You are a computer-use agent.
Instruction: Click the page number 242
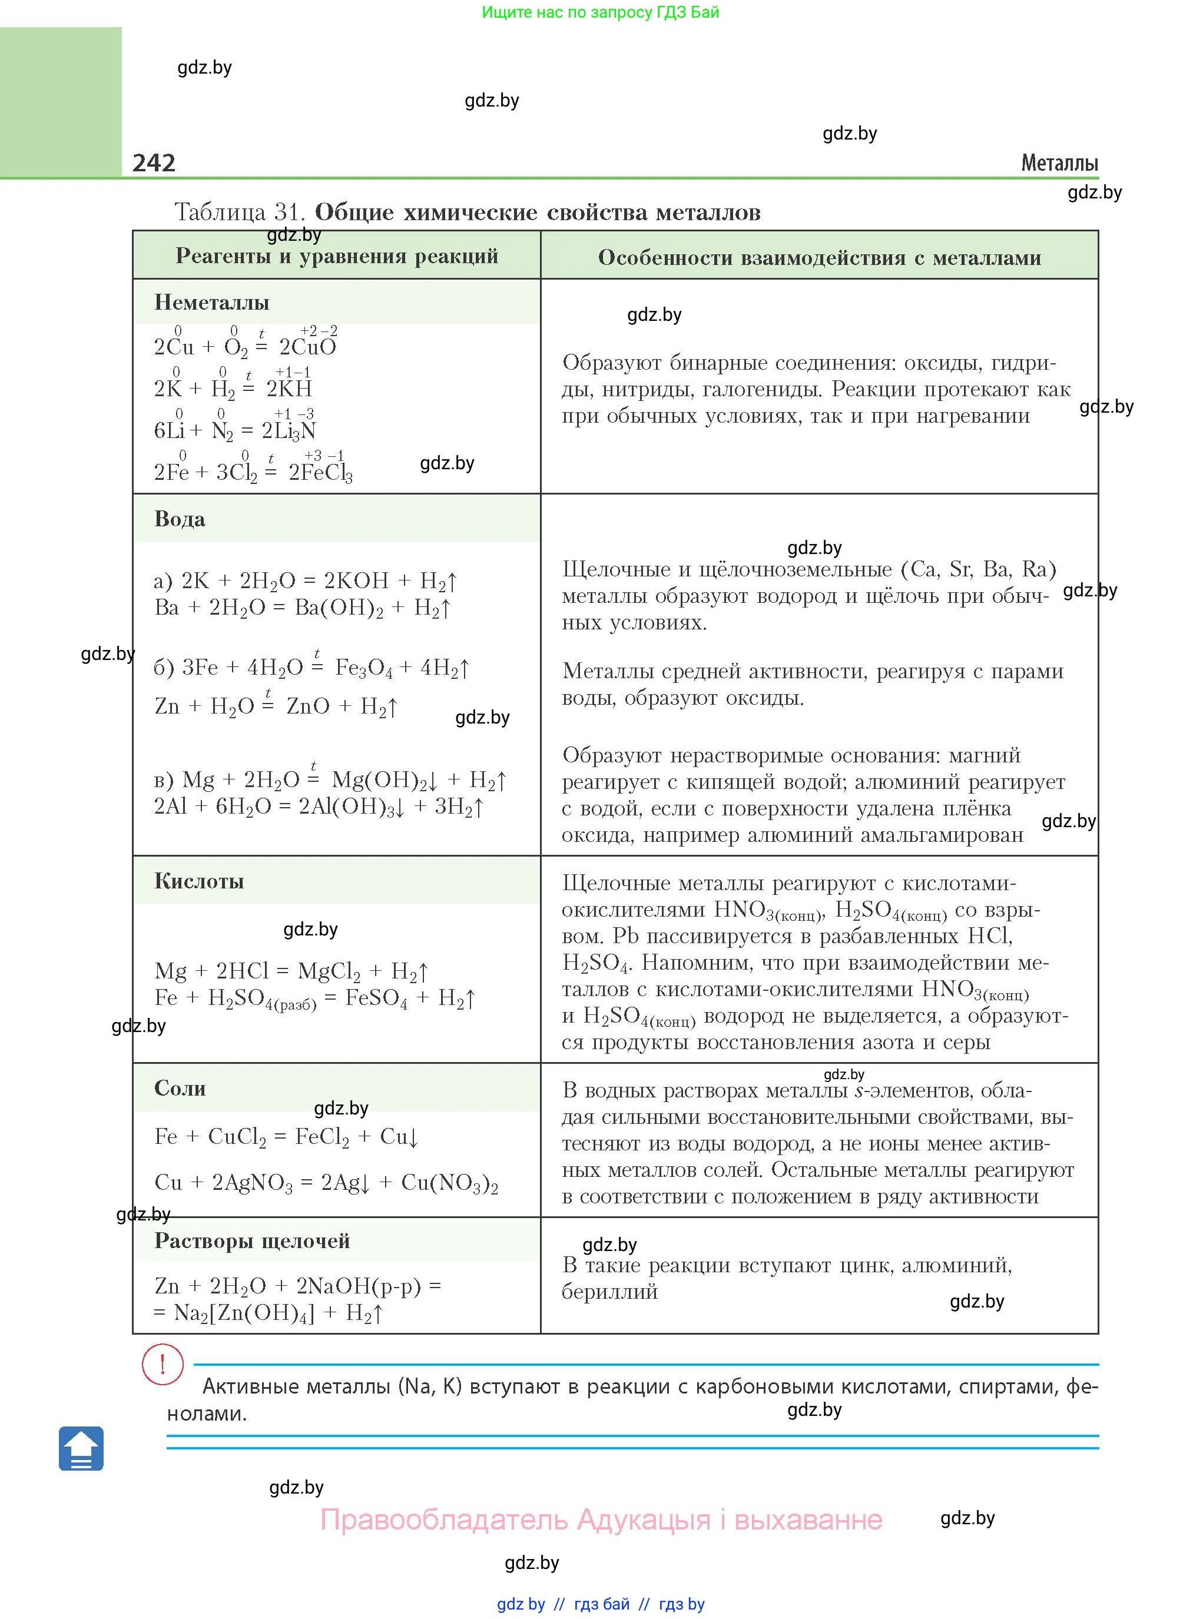click(x=154, y=162)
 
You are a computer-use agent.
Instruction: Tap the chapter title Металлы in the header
click(x=1059, y=163)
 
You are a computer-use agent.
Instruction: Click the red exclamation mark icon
click(x=163, y=1363)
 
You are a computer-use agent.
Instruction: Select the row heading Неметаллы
click(x=211, y=302)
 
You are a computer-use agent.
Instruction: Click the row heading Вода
click(x=179, y=519)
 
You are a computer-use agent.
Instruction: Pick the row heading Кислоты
click(x=199, y=881)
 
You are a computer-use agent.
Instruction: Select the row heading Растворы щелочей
click(x=252, y=1240)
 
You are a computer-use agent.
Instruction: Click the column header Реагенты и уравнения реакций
click(x=336, y=256)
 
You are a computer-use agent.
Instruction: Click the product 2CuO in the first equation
click(x=308, y=347)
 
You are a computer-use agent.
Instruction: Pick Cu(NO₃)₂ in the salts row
click(x=449, y=1183)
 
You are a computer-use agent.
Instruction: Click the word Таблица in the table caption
click(x=220, y=212)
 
